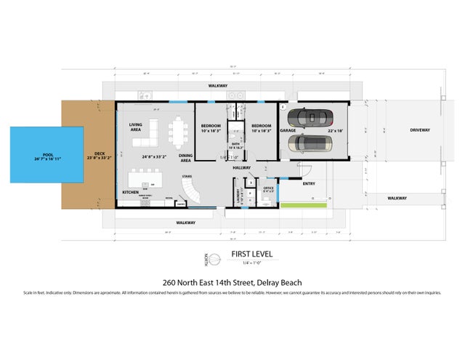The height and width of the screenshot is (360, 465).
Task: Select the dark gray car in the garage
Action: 312,118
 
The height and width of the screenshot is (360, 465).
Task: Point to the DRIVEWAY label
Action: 400,130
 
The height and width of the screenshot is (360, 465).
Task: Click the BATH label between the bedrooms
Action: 235,144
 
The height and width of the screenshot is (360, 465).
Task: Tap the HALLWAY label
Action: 242,168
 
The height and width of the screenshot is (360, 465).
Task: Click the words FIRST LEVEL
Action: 247,255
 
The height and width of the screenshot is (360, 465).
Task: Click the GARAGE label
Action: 288,131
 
